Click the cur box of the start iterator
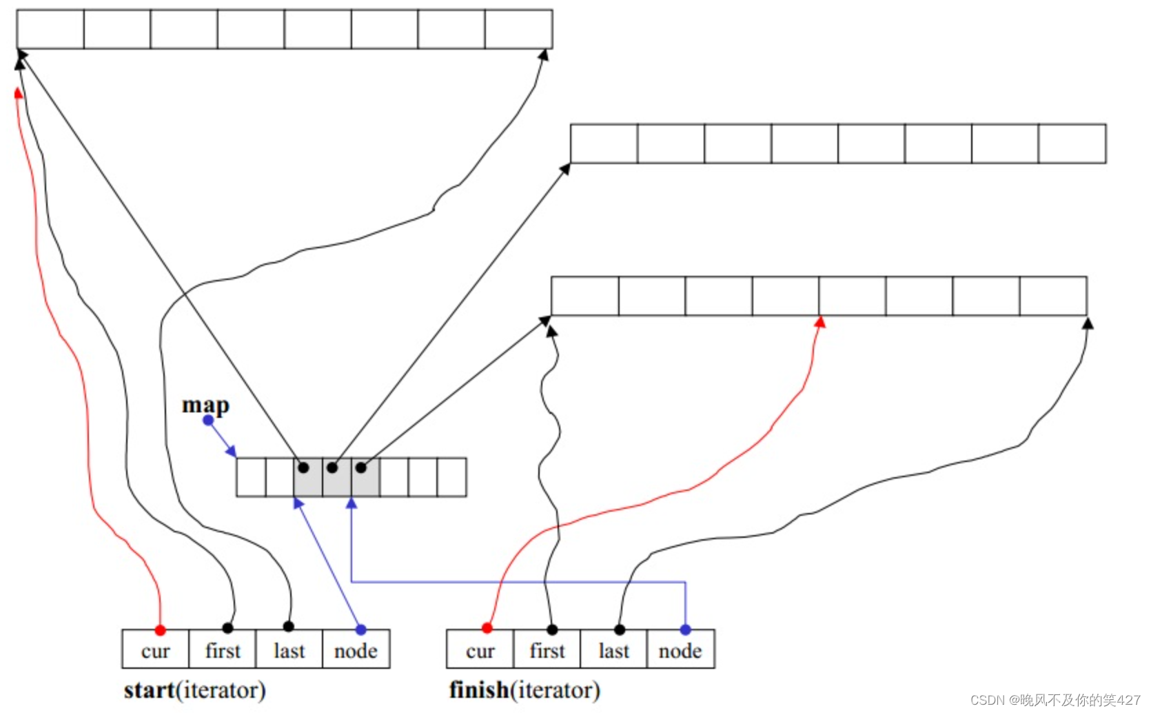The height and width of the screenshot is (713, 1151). click(155, 650)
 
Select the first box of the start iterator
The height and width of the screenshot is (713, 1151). click(222, 650)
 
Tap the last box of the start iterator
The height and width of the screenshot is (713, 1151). click(289, 650)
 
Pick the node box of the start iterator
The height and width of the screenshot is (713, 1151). click(356, 650)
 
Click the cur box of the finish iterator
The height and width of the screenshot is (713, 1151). click(480, 650)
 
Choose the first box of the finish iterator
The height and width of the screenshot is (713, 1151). click(547, 650)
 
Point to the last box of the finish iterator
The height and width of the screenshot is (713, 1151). click(613, 650)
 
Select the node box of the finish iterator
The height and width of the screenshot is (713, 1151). click(680, 650)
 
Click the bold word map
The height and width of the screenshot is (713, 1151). click(205, 405)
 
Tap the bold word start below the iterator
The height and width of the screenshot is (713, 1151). click(149, 690)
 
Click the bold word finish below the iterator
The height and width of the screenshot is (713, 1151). click(479, 690)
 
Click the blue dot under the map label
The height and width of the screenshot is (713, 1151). click(208, 420)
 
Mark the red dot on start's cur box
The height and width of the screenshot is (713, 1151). click(160, 630)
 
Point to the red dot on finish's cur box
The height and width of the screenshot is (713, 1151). click(487, 627)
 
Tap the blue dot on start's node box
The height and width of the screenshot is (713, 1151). click(360, 629)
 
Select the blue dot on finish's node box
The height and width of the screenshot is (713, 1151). click(685, 629)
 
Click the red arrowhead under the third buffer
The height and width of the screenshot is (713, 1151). click(819, 322)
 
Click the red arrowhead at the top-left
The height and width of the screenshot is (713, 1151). click(19, 93)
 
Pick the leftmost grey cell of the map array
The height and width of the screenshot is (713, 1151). click(308, 477)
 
